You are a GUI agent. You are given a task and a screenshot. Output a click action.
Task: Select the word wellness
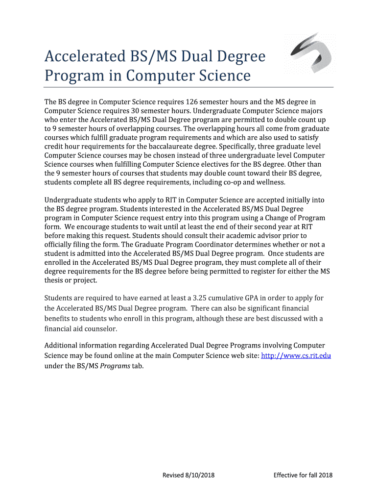coord(268,182)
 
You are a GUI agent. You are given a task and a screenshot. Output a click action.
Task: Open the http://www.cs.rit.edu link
coord(297,355)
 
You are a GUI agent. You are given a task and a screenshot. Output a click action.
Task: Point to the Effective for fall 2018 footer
coord(303,475)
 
